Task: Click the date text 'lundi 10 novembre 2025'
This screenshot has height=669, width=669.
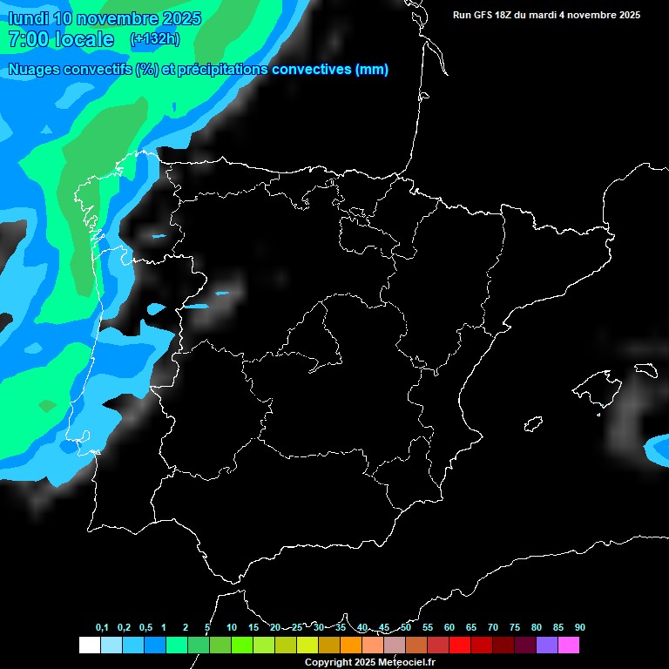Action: (x=105, y=18)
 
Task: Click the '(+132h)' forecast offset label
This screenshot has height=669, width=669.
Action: (x=154, y=39)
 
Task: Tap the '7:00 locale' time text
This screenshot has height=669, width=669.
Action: (x=60, y=39)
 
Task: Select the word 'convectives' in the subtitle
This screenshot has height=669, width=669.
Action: (x=311, y=70)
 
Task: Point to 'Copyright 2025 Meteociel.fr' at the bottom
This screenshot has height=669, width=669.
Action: (x=369, y=662)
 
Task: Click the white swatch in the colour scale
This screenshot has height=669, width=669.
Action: (x=89, y=645)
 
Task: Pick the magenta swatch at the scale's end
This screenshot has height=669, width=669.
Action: (x=568, y=645)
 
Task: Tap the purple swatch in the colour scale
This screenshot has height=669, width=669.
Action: (x=546, y=645)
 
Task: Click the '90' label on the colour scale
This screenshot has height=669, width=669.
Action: (x=580, y=627)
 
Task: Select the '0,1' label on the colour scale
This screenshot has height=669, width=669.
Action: (x=102, y=627)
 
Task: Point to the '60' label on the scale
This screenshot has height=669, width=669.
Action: (x=449, y=627)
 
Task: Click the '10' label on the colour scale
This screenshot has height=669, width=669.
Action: (x=232, y=627)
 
